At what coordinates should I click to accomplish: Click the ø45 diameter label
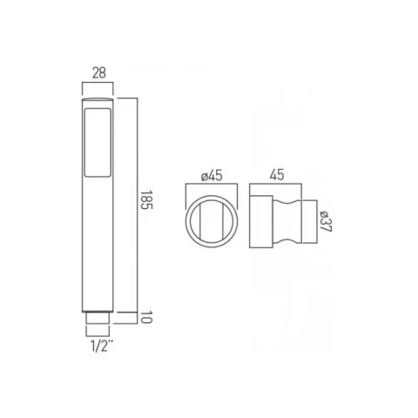[212, 176]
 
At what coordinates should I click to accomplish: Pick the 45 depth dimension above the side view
[279, 176]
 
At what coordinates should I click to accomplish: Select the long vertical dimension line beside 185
[136, 205]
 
